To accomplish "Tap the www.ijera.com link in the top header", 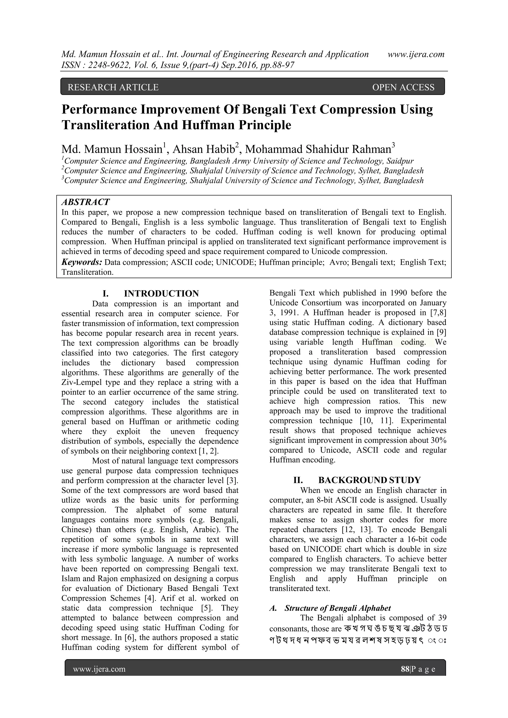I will tap(416, 54).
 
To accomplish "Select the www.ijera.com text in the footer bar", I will tap(99, 669).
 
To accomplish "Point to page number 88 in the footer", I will tap(405, 669).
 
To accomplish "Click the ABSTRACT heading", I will tap(85, 202).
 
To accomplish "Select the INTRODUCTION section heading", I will tap(161, 294).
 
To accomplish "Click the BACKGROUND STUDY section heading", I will tap(369, 480).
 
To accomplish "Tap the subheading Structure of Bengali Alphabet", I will tap(338, 608).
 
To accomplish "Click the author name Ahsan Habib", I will tap(204, 149).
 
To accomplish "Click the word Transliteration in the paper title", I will tap(105, 125).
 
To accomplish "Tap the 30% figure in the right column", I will tap(438, 440).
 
